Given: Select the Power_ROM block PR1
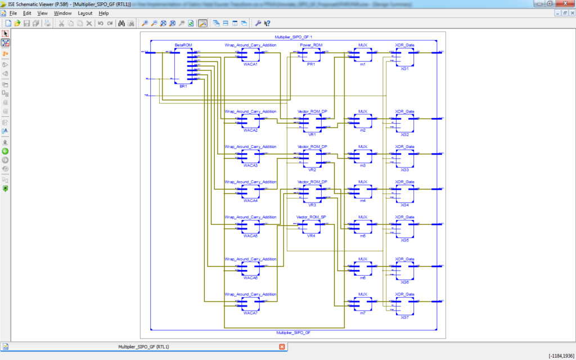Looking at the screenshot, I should [311, 55].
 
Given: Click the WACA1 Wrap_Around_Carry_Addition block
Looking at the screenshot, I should [250, 55].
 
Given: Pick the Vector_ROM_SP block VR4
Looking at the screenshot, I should [311, 227].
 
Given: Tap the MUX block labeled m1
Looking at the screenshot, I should [363, 55].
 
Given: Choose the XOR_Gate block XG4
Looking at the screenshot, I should [404, 193].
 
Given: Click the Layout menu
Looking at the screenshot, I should [85, 13].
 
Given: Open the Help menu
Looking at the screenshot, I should [103, 13].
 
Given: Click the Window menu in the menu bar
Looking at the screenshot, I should [62, 13].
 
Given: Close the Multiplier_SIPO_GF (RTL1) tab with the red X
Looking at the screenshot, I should [281, 347].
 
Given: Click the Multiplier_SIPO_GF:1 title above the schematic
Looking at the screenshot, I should [290, 37].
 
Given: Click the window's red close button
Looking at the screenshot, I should [565, 4].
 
